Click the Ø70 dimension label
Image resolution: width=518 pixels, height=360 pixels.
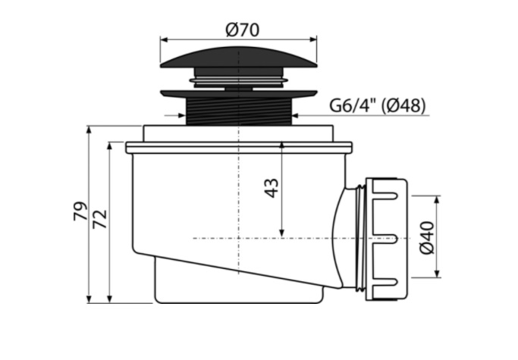click(x=243, y=30)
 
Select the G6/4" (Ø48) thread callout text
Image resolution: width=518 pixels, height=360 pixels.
click(x=378, y=105)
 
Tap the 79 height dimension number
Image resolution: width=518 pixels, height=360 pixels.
click(x=80, y=211)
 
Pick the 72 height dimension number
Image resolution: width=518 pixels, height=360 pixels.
click(x=100, y=219)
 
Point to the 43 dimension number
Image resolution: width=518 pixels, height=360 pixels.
click(x=272, y=188)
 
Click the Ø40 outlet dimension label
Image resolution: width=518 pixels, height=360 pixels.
click(x=427, y=238)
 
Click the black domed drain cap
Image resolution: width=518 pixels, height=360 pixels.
click(x=238, y=58)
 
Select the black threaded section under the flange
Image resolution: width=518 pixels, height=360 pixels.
click(x=238, y=111)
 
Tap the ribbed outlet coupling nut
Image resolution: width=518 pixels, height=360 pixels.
click(x=386, y=239)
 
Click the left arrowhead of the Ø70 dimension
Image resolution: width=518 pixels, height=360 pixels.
click(x=164, y=39)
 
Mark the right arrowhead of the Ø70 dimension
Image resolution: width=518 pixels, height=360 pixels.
click(x=313, y=39)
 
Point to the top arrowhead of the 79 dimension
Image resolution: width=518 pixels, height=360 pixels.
click(x=89, y=130)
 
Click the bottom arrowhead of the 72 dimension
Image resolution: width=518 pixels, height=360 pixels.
click(x=110, y=299)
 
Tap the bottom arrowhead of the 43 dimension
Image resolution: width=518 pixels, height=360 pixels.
click(x=281, y=233)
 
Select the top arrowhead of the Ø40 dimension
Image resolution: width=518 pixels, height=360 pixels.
click(x=438, y=199)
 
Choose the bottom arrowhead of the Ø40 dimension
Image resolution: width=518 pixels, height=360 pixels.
click(x=438, y=273)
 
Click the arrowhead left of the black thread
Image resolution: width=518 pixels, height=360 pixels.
click(x=182, y=115)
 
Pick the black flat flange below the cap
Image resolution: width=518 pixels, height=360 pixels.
click(x=238, y=94)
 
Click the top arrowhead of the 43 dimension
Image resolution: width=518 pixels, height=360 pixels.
click(x=281, y=146)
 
